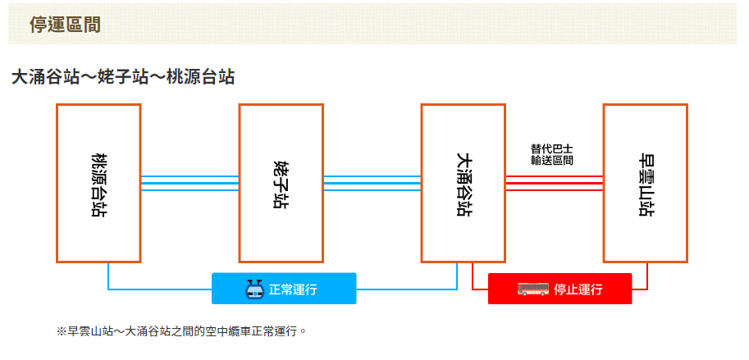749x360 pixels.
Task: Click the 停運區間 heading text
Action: (65, 25)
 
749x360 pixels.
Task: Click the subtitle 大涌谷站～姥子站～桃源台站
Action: (123, 78)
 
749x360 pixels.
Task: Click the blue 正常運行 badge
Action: (284, 289)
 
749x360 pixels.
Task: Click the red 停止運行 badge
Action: (559, 289)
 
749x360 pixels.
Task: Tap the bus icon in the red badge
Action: (533, 289)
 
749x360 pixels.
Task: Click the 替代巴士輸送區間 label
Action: (551, 155)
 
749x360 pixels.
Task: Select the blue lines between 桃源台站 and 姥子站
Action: (190, 183)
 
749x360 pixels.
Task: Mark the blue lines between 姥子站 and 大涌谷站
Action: (372, 183)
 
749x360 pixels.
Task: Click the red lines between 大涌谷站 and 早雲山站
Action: (554, 183)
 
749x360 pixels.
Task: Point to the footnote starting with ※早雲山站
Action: (181, 331)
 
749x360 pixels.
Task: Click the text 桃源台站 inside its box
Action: (98, 184)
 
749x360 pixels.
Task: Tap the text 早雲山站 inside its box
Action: (645, 184)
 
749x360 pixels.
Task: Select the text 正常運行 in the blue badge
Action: (293, 289)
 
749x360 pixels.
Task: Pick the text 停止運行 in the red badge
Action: (578, 289)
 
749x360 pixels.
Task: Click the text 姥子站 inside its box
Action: (281, 184)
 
